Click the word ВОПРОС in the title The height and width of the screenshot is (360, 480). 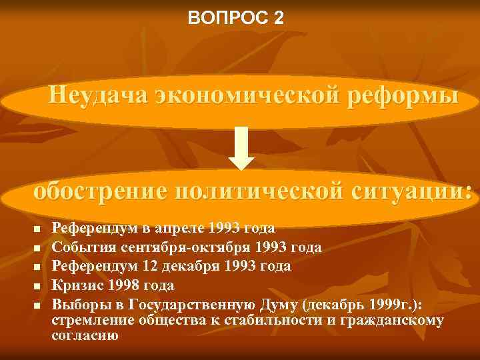(x=228, y=18)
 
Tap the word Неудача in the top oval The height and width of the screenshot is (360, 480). (x=99, y=95)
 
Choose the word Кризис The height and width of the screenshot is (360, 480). (x=75, y=286)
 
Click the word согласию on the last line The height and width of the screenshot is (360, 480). (x=85, y=336)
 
